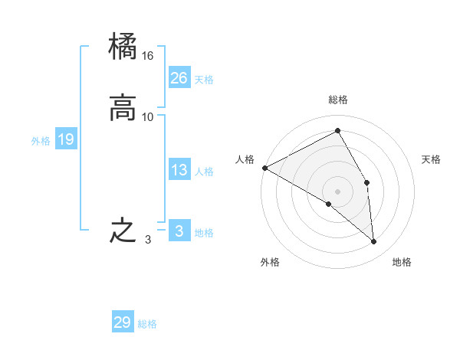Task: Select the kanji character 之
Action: click(x=123, y=231)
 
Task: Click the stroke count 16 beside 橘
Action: click(x=148, y=56)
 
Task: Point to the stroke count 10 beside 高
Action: click(x=148, y=116)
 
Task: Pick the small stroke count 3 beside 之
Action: click(x=148, y=239)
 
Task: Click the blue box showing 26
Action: click(x=179, y=77)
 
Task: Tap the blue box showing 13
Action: click(x=179, y=170)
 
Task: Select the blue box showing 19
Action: click(x=66, y=139)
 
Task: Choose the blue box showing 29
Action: click(x=123, y=322)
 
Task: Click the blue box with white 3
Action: click(x=179, y=231)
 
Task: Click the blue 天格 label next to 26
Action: click(x=204, y=80)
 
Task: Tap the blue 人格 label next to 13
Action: click(x=204, y=172)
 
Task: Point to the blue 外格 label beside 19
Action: click(x=41, y=141)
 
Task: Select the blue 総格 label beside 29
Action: click(x=147, y=325)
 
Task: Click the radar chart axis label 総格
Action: click(x=338, y=100)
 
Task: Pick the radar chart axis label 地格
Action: click(x=402, y=263)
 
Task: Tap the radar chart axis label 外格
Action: click(x=270, y=263)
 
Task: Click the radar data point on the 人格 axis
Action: click(x=264, y=168)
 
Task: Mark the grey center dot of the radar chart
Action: click(x=338, y=191)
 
